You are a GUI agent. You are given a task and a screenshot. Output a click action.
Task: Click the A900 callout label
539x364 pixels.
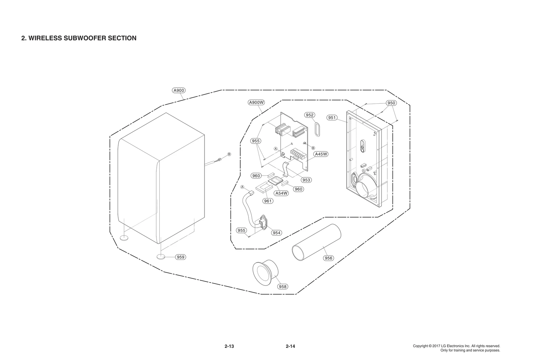[179, 90]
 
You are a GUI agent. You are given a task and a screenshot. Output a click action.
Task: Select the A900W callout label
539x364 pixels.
[256, 102]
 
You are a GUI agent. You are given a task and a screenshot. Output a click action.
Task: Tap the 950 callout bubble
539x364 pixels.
[391, 103]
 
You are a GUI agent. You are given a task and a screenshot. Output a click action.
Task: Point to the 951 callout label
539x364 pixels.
[332, 118]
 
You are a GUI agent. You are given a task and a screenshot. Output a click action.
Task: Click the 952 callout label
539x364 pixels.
[310, 115]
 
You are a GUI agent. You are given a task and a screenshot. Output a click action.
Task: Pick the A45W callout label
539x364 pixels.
[321, 154]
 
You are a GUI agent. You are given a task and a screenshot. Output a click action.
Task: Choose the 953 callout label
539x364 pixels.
[306, 180]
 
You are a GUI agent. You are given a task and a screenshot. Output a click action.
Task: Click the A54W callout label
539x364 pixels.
[281, 193]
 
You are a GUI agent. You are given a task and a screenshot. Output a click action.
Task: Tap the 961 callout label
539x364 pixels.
[268, 201]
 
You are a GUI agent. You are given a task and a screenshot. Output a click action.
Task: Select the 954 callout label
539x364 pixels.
[277, 233]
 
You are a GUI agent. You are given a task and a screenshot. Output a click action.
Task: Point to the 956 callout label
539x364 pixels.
[328, 258]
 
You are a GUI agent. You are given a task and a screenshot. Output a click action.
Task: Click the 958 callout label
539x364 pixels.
[283, 286]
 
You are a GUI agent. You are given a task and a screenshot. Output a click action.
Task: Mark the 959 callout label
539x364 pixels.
[181, 257]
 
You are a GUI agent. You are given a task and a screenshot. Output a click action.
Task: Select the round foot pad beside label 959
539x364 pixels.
[161, 257]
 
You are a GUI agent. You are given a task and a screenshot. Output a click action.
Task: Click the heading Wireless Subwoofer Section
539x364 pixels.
[79, 38]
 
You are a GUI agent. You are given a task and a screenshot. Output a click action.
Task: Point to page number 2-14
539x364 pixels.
[290, 346]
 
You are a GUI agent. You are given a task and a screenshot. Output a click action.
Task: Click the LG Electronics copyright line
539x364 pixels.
[456, 346]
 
